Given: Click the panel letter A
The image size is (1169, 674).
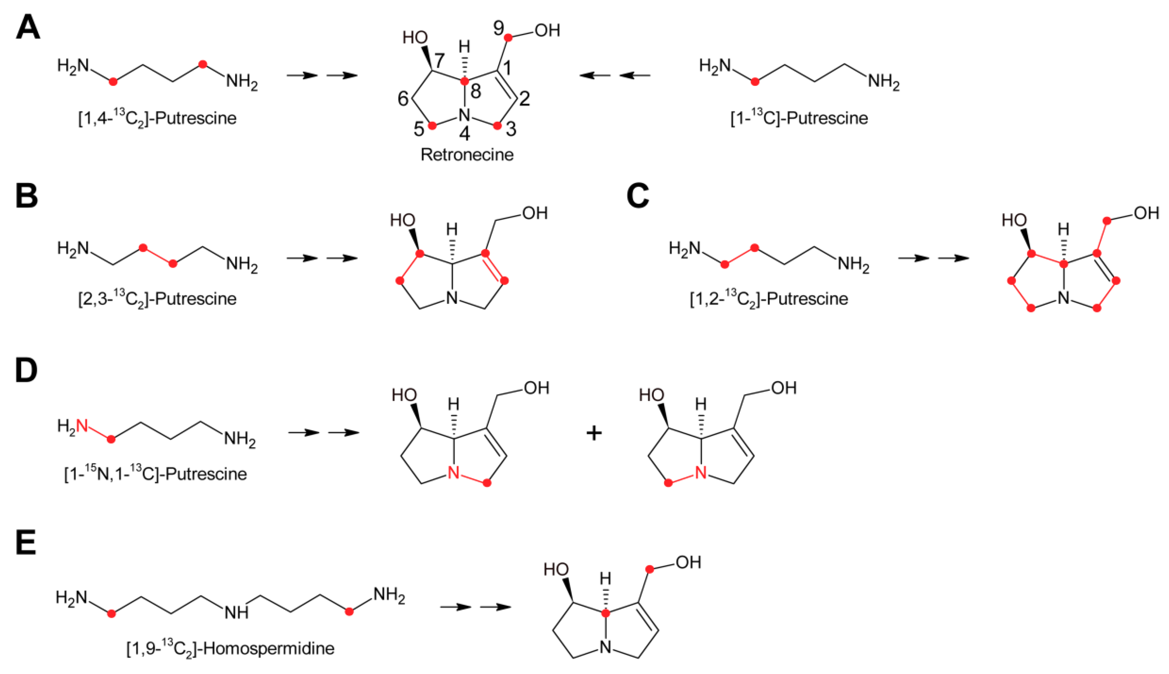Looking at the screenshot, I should [28, 28].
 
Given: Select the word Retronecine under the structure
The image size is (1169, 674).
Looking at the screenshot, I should [467, 155].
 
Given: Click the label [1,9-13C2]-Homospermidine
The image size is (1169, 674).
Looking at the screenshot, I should [230, 648].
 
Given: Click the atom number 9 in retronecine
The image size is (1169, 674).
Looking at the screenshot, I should [498, 29].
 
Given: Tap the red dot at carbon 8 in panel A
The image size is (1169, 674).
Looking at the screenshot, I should [465, 82].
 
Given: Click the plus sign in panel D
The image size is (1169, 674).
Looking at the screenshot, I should [594, 433].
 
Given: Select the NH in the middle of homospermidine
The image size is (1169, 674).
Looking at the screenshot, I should [236, 613].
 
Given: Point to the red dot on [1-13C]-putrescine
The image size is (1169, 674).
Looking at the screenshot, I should [755, 82].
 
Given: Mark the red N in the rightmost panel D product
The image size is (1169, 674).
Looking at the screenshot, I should [701, 473].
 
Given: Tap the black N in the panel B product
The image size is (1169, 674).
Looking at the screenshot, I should [452, 298].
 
